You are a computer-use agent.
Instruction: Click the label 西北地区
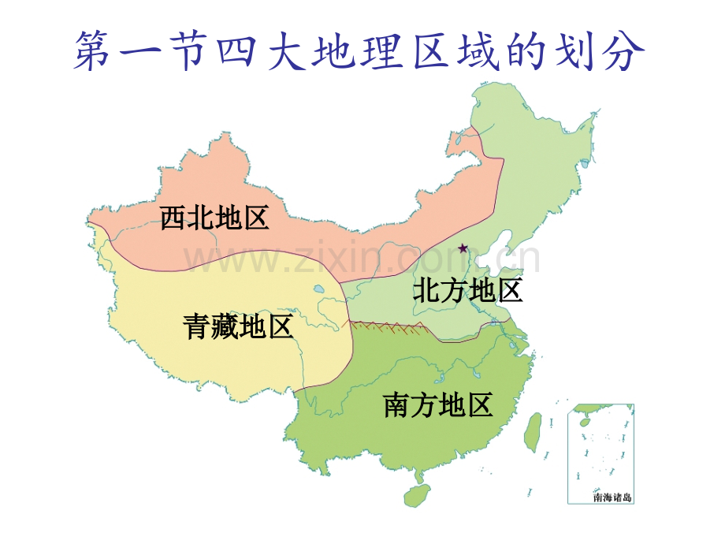tap(214, 217)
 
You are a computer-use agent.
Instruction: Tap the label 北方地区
tap(468, 291)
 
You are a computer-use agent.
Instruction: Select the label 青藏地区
tap(237, 326)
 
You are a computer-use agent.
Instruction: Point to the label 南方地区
tap(438, 404)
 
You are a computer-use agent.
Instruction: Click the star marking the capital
tap(463, 248)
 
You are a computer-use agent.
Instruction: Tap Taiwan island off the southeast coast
tap(534, 432)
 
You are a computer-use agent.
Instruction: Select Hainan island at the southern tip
tap(414, 495)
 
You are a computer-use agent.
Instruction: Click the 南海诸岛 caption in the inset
tap(612, 497)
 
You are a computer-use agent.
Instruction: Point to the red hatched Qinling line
tap(386, 325)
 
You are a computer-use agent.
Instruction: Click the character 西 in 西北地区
tap(173, 217)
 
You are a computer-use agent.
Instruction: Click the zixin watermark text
tap(362, 259)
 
